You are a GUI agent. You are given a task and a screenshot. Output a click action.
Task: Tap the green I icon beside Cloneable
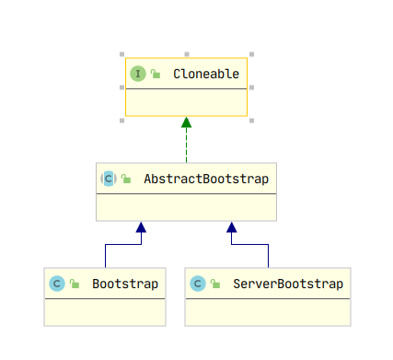click(138, 74)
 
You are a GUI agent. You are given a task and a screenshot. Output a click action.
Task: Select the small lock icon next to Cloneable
click(156, 75)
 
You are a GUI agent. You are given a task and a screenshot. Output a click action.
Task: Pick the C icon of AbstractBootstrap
click(109, 179)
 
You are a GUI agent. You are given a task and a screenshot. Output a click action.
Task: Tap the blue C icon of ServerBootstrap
click(197, 284)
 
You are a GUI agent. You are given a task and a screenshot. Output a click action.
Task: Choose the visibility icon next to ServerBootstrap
click(214, 285)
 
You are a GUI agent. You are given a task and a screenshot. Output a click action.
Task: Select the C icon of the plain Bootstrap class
click(56, 284)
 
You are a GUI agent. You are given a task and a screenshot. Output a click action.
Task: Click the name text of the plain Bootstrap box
click(125, 284)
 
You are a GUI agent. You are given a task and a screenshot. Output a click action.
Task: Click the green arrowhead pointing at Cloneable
click(186, 122)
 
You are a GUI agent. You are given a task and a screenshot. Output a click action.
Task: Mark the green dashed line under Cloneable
click(186, 145)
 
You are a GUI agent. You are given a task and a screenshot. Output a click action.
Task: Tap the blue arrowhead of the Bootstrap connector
click(140, 226)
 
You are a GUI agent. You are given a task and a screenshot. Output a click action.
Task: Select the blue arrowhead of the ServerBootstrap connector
click(231, 226)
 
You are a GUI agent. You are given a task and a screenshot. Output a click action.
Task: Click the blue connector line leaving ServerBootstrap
click(268, 255)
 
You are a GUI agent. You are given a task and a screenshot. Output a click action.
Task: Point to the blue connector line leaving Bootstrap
click(105, 255)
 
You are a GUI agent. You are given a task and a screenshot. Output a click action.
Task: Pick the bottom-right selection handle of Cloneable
click(250, 119)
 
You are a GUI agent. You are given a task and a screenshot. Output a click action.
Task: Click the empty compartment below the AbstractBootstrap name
click(186, 207)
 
